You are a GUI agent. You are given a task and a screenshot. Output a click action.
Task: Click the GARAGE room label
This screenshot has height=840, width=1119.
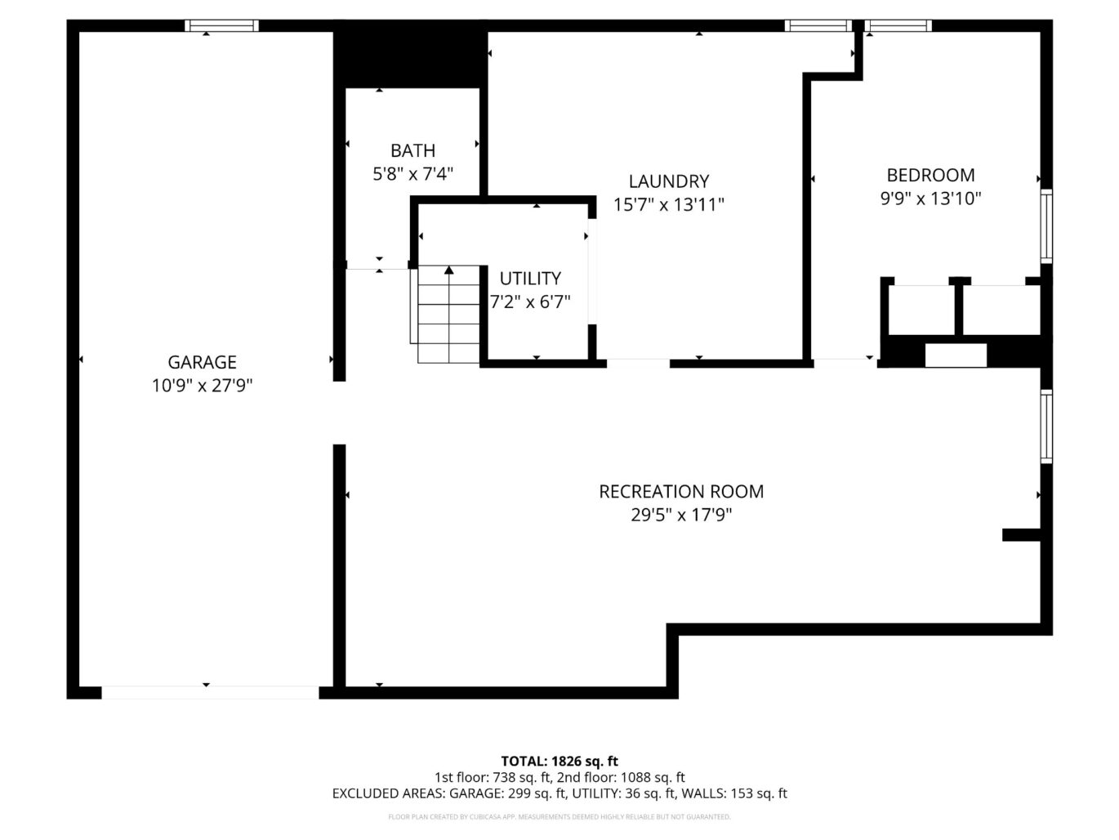202,362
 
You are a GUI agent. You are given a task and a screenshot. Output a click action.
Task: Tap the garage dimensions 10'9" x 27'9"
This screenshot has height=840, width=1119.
202,386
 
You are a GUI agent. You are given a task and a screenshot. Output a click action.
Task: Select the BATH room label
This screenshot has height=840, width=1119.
412,150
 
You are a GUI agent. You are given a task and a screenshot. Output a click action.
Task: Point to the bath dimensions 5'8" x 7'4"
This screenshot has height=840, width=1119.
412,174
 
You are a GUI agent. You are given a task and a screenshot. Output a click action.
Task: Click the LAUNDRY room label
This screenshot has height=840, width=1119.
668,181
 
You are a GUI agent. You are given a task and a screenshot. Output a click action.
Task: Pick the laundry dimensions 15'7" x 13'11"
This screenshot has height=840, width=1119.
668,204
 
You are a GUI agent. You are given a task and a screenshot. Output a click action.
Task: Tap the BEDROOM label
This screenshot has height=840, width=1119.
930,175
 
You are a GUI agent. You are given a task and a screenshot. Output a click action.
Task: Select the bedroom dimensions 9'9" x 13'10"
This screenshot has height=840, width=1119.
930,198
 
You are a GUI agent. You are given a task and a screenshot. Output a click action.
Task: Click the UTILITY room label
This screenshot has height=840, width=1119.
530,278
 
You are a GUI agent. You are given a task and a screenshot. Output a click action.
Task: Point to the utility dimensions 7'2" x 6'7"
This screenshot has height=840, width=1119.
530,302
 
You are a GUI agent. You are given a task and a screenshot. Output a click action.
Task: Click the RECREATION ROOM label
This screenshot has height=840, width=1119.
681,491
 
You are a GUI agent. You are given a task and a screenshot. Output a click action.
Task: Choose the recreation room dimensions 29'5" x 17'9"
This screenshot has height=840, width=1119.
681,515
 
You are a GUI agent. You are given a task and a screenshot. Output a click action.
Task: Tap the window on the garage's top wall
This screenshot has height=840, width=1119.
221,26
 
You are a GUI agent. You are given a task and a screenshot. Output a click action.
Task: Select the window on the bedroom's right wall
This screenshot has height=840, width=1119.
1045,226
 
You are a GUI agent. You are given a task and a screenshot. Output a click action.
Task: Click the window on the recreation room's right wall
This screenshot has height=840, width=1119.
1045,427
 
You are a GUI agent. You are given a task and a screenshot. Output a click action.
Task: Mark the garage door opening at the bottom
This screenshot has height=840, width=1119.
210,693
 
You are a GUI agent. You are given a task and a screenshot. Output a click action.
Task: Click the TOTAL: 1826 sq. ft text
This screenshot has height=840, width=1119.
559,762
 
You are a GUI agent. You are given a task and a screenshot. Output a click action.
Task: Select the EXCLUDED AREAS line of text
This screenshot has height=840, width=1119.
559,793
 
